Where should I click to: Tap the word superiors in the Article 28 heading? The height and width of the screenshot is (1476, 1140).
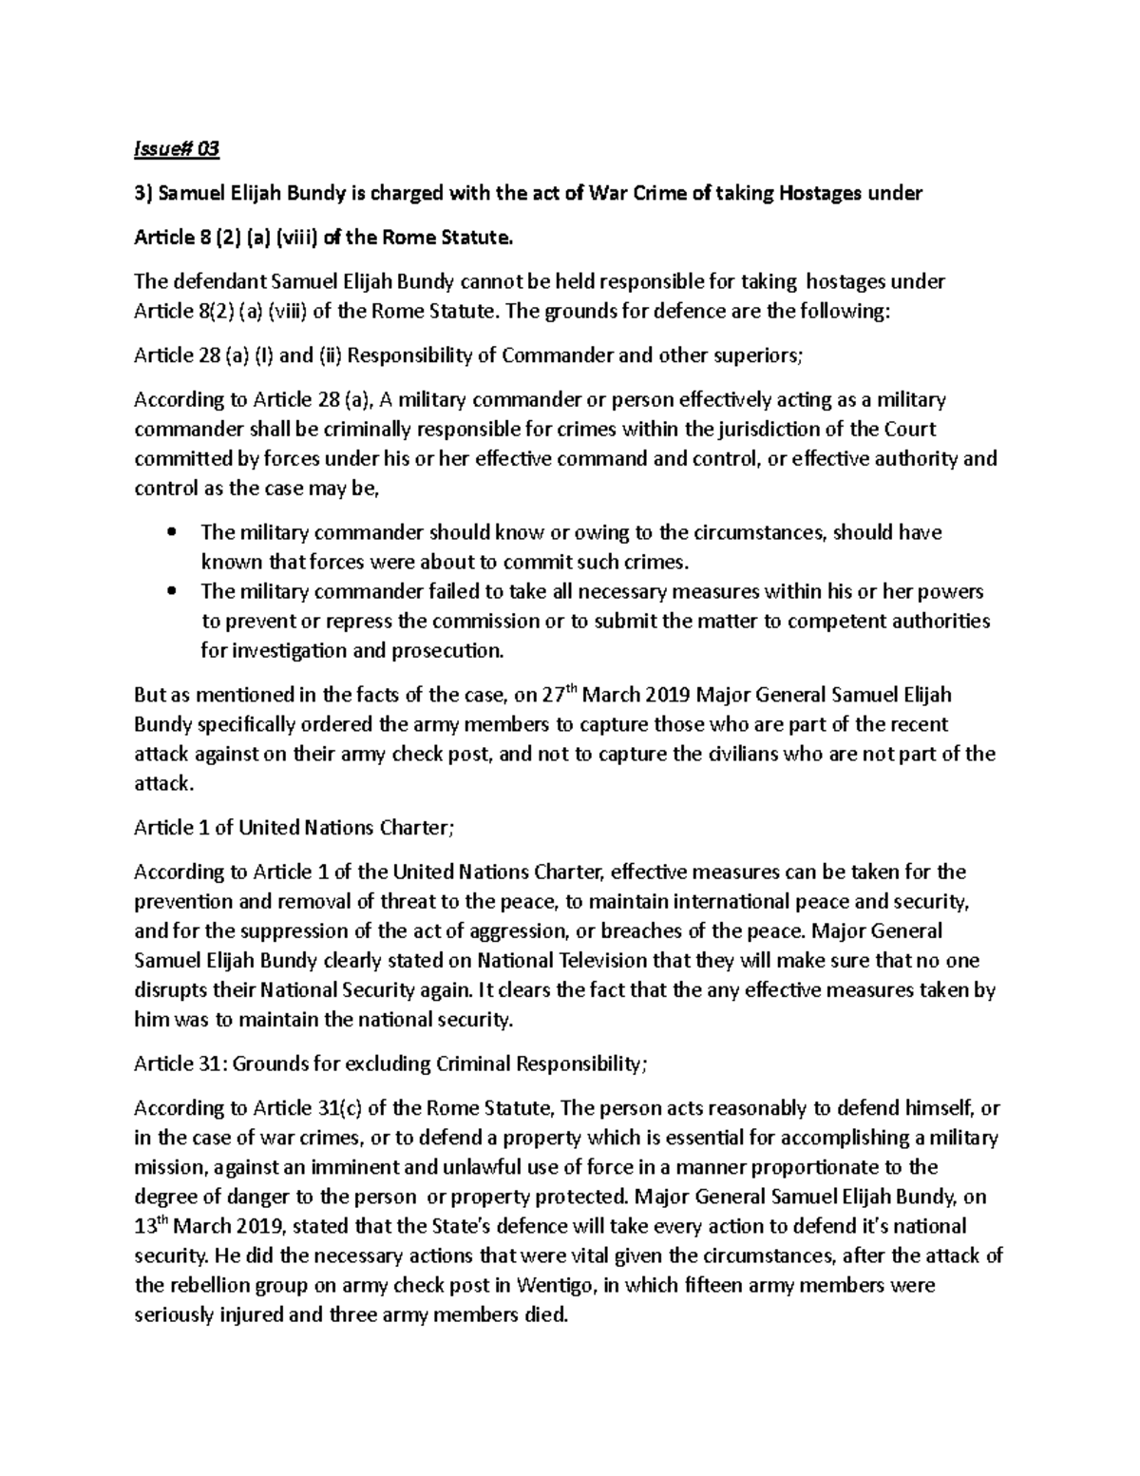(x=757, y=355)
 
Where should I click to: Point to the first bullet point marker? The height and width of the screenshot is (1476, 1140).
(x=171, y=533)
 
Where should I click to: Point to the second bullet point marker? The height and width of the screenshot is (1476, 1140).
(x=171, y=592)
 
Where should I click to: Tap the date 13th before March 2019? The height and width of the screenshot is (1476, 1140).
(x=149, y=1224)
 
